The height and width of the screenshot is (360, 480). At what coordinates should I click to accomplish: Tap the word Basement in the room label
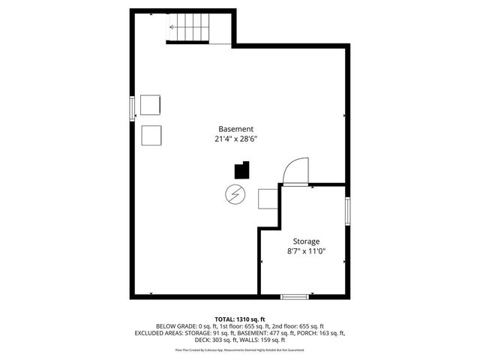coord(235,128)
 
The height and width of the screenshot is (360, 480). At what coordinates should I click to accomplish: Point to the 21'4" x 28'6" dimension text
coord(235,139)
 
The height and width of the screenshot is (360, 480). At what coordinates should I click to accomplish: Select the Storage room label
coord(305,241)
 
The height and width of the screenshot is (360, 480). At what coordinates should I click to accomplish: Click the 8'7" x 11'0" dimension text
coord(305,251)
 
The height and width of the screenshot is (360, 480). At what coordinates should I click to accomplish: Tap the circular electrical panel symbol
coord(235,193)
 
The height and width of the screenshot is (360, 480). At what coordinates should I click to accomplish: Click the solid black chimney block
coord(241,169)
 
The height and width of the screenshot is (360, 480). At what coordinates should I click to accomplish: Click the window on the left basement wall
coord(133,108)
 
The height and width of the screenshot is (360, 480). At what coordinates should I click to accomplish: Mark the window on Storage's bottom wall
coord(294,297)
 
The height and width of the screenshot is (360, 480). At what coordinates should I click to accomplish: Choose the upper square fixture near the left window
coord(150,104)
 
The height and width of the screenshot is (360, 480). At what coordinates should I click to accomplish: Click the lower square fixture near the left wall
coord(152,134)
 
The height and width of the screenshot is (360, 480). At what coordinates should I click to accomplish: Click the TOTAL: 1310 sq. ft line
coord(239,319)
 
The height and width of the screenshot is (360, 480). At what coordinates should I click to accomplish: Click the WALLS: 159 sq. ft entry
coord(262,340)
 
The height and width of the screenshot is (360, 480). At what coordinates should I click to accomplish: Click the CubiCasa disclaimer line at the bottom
coord(239,349)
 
